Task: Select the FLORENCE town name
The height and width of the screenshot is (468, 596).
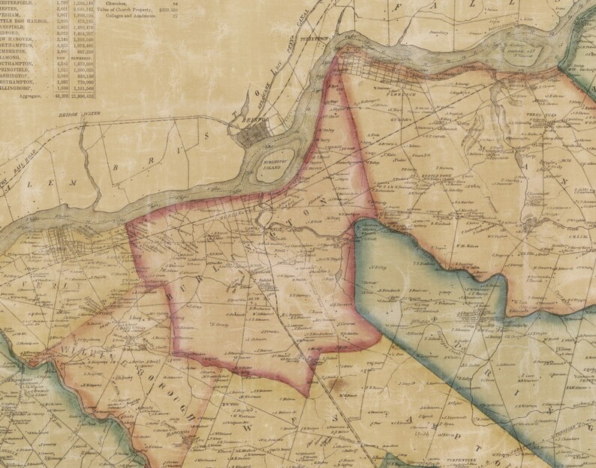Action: click(390, 96)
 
